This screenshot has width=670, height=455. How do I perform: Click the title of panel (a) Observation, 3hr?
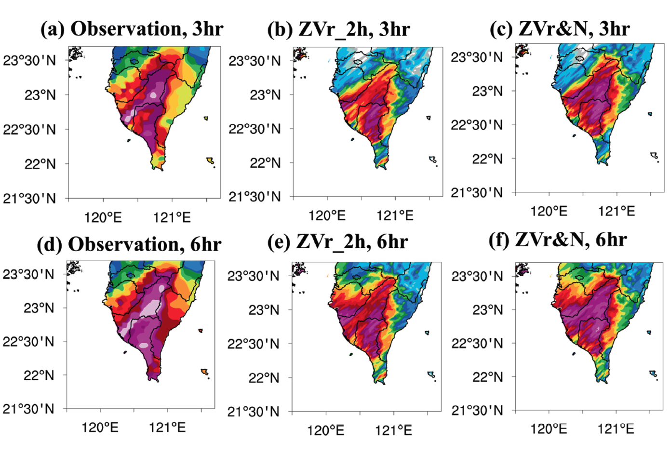pos(132,29)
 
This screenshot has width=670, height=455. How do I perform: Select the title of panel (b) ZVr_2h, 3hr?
pos(338,29)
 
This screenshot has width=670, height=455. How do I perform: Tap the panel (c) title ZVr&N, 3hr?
pos(559,29)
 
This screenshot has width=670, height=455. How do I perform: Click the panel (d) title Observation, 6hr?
pos(129,244)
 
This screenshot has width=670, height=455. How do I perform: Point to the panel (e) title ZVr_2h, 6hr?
pos(337,241)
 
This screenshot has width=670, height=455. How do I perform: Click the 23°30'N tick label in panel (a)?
pos(30,61)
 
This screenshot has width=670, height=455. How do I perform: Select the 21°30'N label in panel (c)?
pos(477,193)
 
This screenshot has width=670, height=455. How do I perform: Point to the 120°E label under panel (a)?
pos(103,217)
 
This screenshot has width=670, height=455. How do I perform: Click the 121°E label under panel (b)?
pos(395,215)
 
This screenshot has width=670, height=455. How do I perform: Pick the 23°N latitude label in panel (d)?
pos(39,308)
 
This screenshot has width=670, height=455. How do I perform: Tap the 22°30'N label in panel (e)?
pos(254,344)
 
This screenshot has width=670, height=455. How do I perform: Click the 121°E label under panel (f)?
pos(616,428)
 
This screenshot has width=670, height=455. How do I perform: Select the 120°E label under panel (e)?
pos(326,430)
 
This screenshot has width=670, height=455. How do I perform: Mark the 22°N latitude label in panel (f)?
pos(488,377)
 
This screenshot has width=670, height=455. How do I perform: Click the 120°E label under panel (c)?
pos(549,211)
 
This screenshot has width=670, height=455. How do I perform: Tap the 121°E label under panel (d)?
pos(167,428)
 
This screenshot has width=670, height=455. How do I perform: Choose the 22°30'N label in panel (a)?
pos(30,130)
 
